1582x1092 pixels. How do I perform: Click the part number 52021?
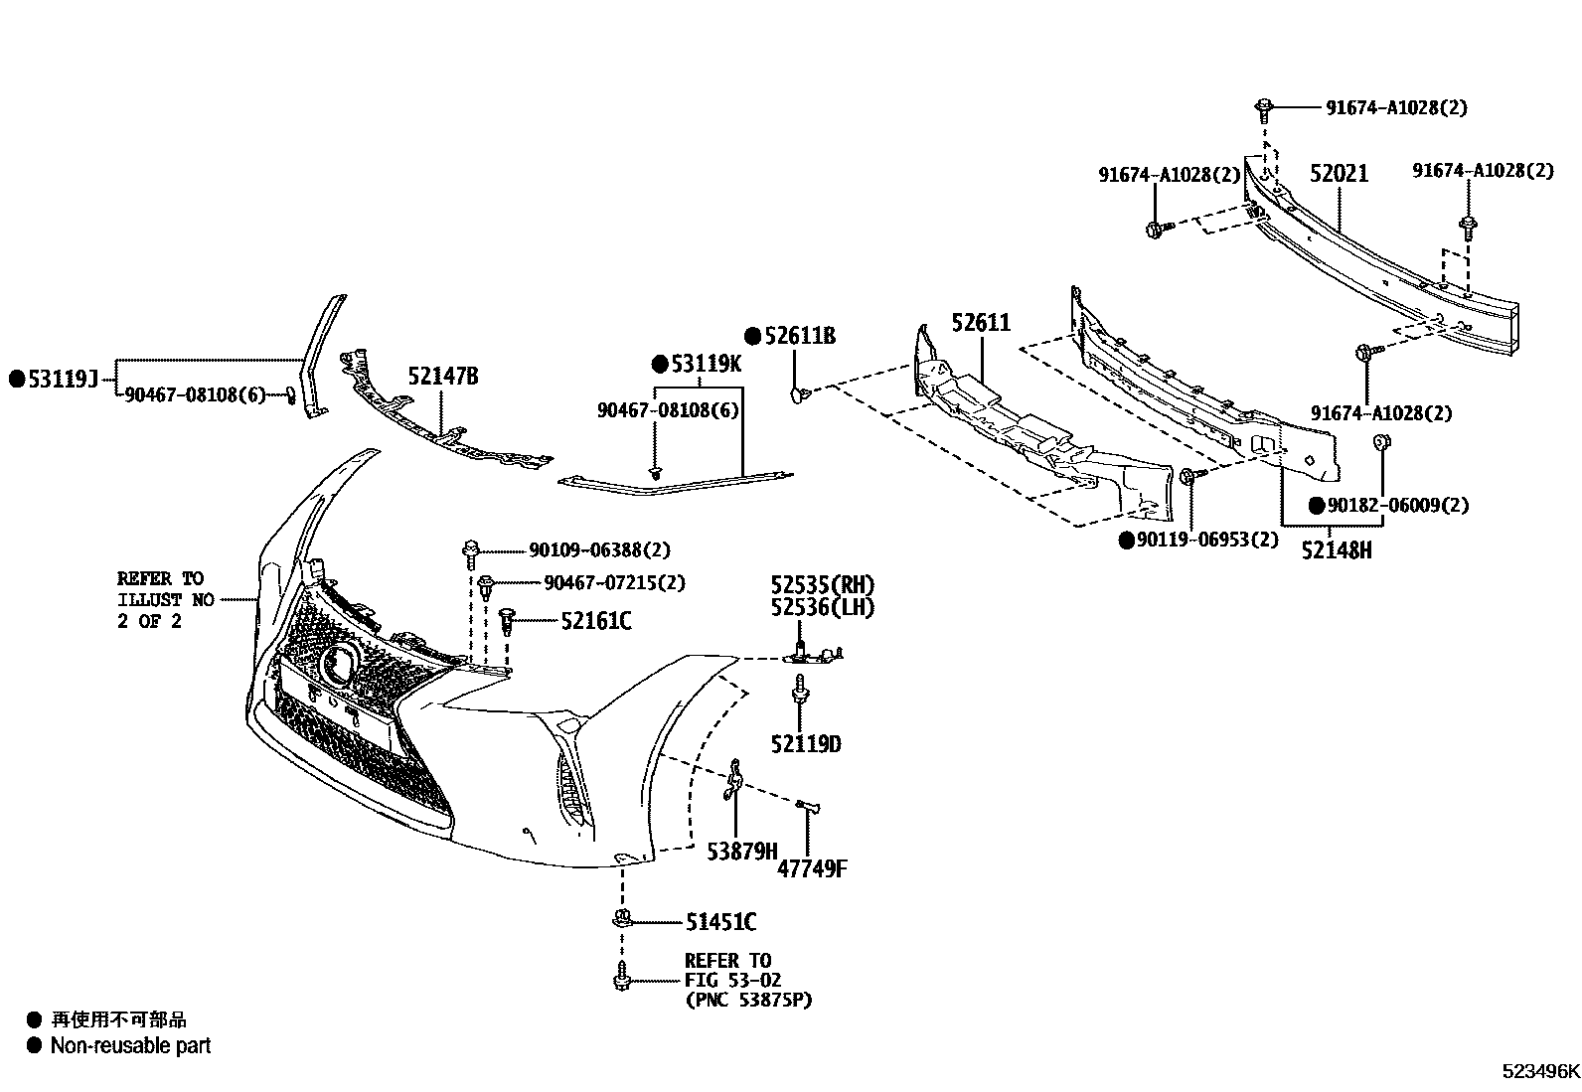point(1338,174)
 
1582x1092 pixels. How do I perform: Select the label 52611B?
point(800,337)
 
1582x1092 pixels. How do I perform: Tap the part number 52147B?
point(442,376)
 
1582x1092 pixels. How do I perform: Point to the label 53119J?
point(62,379)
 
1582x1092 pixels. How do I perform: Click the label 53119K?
point(706,364)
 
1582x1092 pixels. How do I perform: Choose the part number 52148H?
point(1337,548)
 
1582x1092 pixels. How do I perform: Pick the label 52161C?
point(595,621)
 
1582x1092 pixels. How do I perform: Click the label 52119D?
point(805,743)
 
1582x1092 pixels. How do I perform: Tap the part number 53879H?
point(741,851)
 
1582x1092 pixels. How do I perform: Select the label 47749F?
point(812,869)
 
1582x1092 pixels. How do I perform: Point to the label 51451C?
point(720,923)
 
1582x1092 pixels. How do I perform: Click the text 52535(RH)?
point(823,584)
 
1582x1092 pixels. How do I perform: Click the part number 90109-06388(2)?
point(599,549)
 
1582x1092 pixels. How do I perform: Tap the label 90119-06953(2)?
point(1207,540)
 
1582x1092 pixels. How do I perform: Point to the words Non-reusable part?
point(130,1045)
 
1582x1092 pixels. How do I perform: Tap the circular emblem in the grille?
point(341,664)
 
